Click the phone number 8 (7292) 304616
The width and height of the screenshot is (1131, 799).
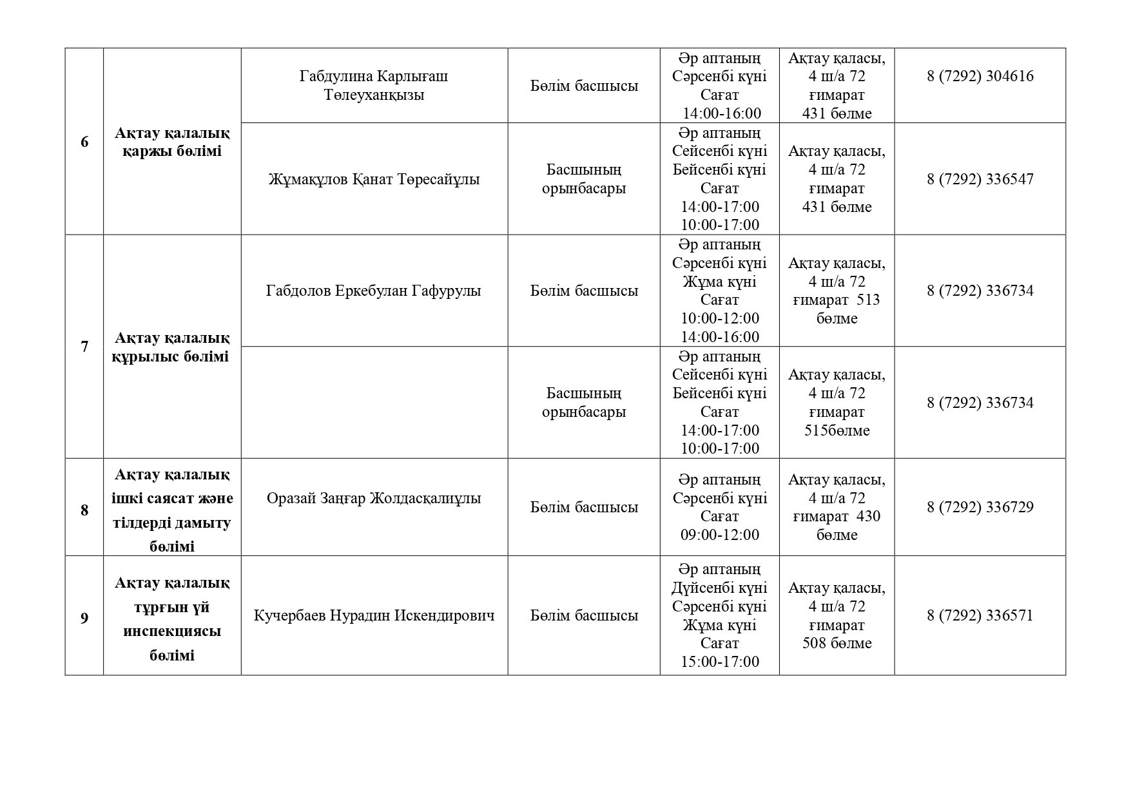coord(980,76)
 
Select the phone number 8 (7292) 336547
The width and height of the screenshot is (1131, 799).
coord(980,179)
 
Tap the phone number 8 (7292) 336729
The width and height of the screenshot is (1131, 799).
coord(980,507)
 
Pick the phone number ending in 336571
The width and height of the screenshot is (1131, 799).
coord(980,615)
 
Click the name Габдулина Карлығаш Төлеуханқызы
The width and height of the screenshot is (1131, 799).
coord(374,86)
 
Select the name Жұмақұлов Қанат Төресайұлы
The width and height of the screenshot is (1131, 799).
coord(374,179)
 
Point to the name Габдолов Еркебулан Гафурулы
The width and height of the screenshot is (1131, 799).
coord(374,291)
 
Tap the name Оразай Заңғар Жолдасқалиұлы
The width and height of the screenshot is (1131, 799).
coord(374,498)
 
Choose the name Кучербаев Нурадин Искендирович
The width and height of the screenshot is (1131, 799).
coord(374,615)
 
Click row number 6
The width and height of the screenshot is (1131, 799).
coord(84,142)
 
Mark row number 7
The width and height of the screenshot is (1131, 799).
coord(84,347)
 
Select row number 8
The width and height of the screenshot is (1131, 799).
coord(84,510)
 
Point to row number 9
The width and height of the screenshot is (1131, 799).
coord(84,619)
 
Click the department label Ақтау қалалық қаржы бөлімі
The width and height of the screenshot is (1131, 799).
coord(172,142)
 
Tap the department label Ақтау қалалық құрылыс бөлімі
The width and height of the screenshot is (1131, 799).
coord(172,347)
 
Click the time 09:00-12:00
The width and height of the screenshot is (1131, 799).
coord(720,535)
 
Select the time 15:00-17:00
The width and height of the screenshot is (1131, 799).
coord(720,662)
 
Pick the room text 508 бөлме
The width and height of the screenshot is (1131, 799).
coord(836,643)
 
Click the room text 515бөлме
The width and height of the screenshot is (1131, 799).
coord(836,430)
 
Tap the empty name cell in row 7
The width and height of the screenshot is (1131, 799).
coord(374,403)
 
